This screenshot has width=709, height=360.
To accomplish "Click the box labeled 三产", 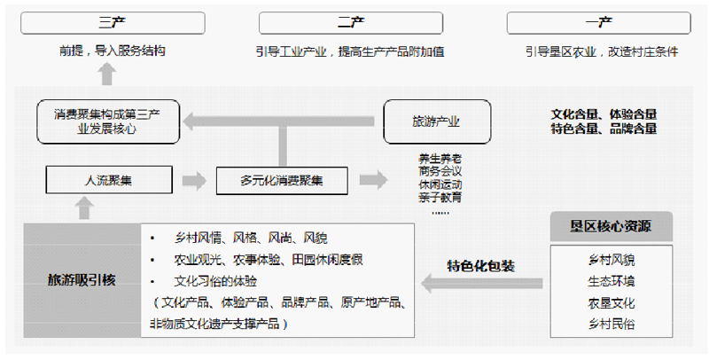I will tap(106, 22).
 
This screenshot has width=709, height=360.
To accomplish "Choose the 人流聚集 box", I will tap(108, 180).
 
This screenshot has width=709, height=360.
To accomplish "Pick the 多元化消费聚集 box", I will tap(282, 180).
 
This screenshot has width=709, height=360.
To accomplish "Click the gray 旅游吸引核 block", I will tap(82, 280).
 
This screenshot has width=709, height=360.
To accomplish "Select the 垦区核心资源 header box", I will tap(611, 227).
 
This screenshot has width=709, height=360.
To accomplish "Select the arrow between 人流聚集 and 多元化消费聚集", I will tap(193, 180).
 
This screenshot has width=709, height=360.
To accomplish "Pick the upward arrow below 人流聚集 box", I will tap(84, 209).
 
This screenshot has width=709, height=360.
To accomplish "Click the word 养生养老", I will tap(440, 159).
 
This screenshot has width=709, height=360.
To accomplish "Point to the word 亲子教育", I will tap(440, 197).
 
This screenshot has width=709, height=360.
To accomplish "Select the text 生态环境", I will tap(611, 282).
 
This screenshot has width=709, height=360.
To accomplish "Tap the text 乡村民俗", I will tap(611, 325).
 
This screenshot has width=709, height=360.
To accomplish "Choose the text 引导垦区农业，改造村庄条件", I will tap(602, 51).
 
